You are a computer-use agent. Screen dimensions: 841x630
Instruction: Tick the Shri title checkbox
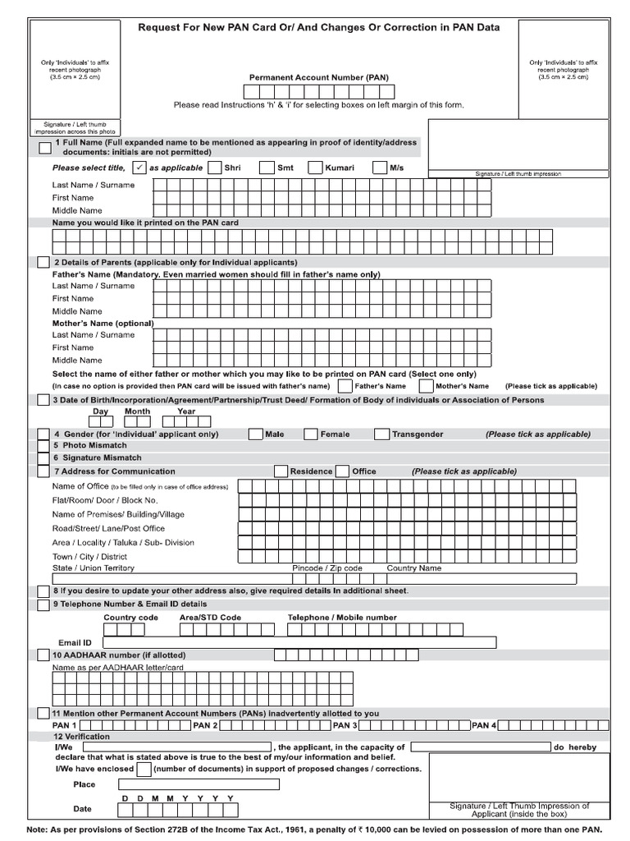pos(215,168)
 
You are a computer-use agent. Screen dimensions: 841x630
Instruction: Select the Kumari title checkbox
pos(316,168)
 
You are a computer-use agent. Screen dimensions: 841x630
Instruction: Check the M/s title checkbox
pos(380,168)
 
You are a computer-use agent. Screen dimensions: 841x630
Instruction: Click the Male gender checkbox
pos(255,434)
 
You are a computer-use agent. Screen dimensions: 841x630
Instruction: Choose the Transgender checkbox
pos(382,434)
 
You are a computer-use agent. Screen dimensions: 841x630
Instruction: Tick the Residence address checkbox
pos(281,471)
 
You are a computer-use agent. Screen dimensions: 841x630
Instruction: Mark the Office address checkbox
pos(345,471)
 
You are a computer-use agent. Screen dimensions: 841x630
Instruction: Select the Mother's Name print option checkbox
pos(426,386)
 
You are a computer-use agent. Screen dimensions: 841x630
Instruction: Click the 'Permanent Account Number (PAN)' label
pos(319,78)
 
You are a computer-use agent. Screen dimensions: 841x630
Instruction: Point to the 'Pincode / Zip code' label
pos(327,568)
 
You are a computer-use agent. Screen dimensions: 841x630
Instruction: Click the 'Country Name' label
pos(413,568)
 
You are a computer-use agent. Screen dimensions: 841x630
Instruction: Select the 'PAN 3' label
pos(344,726)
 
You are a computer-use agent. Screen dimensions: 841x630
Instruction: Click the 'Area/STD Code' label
pos(210,618)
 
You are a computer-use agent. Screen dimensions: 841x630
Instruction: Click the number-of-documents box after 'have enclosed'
pos(144,770)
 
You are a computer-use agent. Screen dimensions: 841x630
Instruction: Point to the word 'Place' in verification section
pos(84,785)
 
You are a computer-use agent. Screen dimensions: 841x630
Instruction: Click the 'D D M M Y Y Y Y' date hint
pos(178,798)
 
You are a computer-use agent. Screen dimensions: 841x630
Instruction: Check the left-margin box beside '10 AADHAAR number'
pos(43,655)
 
